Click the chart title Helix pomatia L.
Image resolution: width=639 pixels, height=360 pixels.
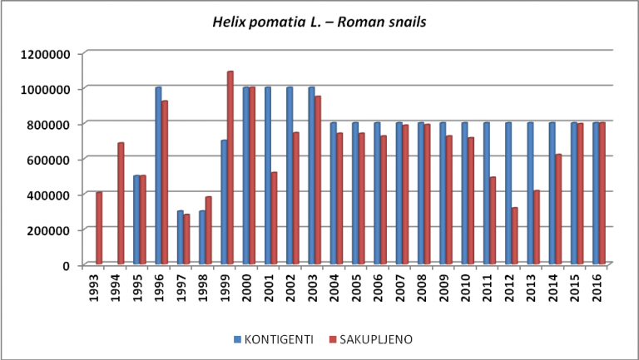pyautogui.click(x=319, y=22)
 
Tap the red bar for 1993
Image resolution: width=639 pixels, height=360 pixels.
pyautogui.click(x=100, y=229)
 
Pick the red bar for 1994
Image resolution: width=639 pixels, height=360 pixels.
pyautogui.click(x=121, y=204)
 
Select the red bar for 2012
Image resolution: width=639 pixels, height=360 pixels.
pyautogui.click(x=515, y=236)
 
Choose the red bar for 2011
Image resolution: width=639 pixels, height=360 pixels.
pyautogui.click(x=493, y=220)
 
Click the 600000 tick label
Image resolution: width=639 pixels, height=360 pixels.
pyautogui.click(x=47, y=160)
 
